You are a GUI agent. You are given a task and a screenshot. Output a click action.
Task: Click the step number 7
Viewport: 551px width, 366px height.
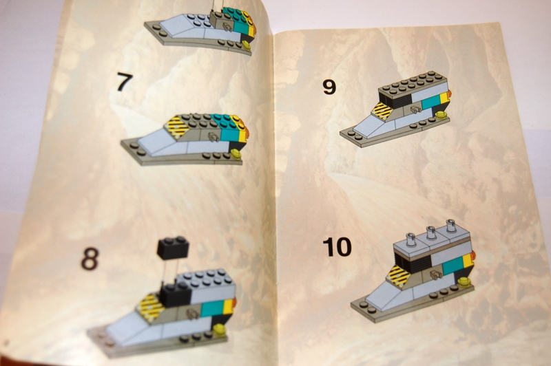coord(125,83)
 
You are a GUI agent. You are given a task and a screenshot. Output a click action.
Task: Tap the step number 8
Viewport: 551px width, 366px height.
coord(90,259)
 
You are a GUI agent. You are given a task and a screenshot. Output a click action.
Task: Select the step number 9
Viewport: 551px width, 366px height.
coord(329,87)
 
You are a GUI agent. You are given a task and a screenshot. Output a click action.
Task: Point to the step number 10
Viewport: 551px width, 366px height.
coord(337,247)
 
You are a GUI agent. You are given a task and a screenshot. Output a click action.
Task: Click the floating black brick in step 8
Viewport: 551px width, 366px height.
coord(173,248)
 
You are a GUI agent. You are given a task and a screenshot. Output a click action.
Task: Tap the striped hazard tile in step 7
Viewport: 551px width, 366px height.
coord(178,127)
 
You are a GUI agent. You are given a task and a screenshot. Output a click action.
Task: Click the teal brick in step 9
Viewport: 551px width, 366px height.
coord(429,103)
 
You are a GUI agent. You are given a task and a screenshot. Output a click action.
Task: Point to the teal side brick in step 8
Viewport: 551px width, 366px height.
coord(213,308)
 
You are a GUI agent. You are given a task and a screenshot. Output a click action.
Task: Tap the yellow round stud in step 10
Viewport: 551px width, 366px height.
coord(464,281)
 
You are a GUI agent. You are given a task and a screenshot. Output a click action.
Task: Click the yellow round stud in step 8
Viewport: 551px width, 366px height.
coord(220,329)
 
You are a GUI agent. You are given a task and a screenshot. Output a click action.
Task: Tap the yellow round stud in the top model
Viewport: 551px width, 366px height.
coord(247,45)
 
